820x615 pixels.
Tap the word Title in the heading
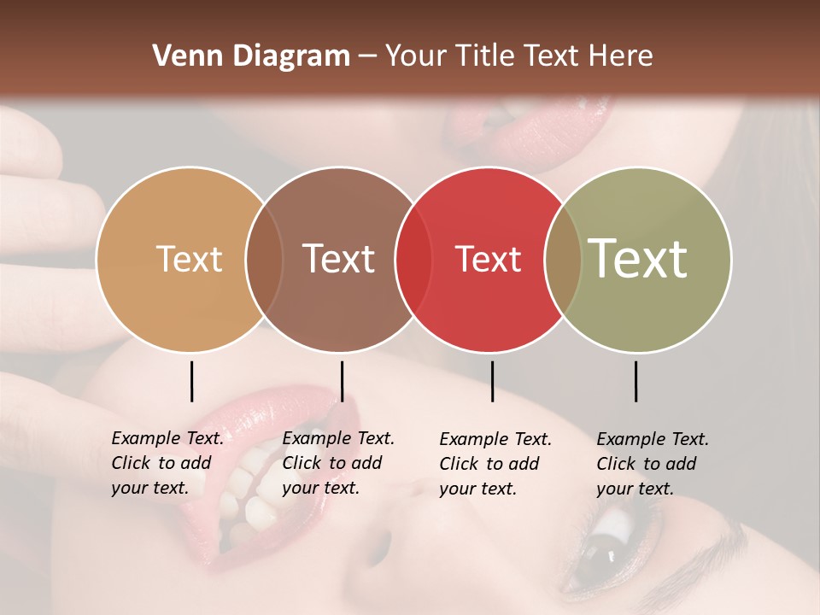pos(486,56)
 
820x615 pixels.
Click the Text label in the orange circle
pos(189,259)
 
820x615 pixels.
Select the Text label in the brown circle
pos(339,259)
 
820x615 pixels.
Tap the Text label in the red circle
pos(488,259)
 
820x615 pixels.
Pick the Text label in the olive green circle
pos(638,259)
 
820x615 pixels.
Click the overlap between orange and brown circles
pos(264,259)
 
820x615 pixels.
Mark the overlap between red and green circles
pos(563,259)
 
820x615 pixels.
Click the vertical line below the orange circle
pos(191,381)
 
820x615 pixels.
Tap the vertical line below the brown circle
pos(342,381)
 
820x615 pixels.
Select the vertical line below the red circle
pos(492,381)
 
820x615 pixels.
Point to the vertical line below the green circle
pos(635,381)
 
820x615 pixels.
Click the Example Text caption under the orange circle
pos(167,463)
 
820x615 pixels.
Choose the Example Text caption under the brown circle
pos(337,463)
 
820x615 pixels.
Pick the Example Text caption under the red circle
pos(495,464)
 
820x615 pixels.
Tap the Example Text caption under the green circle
pos(652,464)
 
